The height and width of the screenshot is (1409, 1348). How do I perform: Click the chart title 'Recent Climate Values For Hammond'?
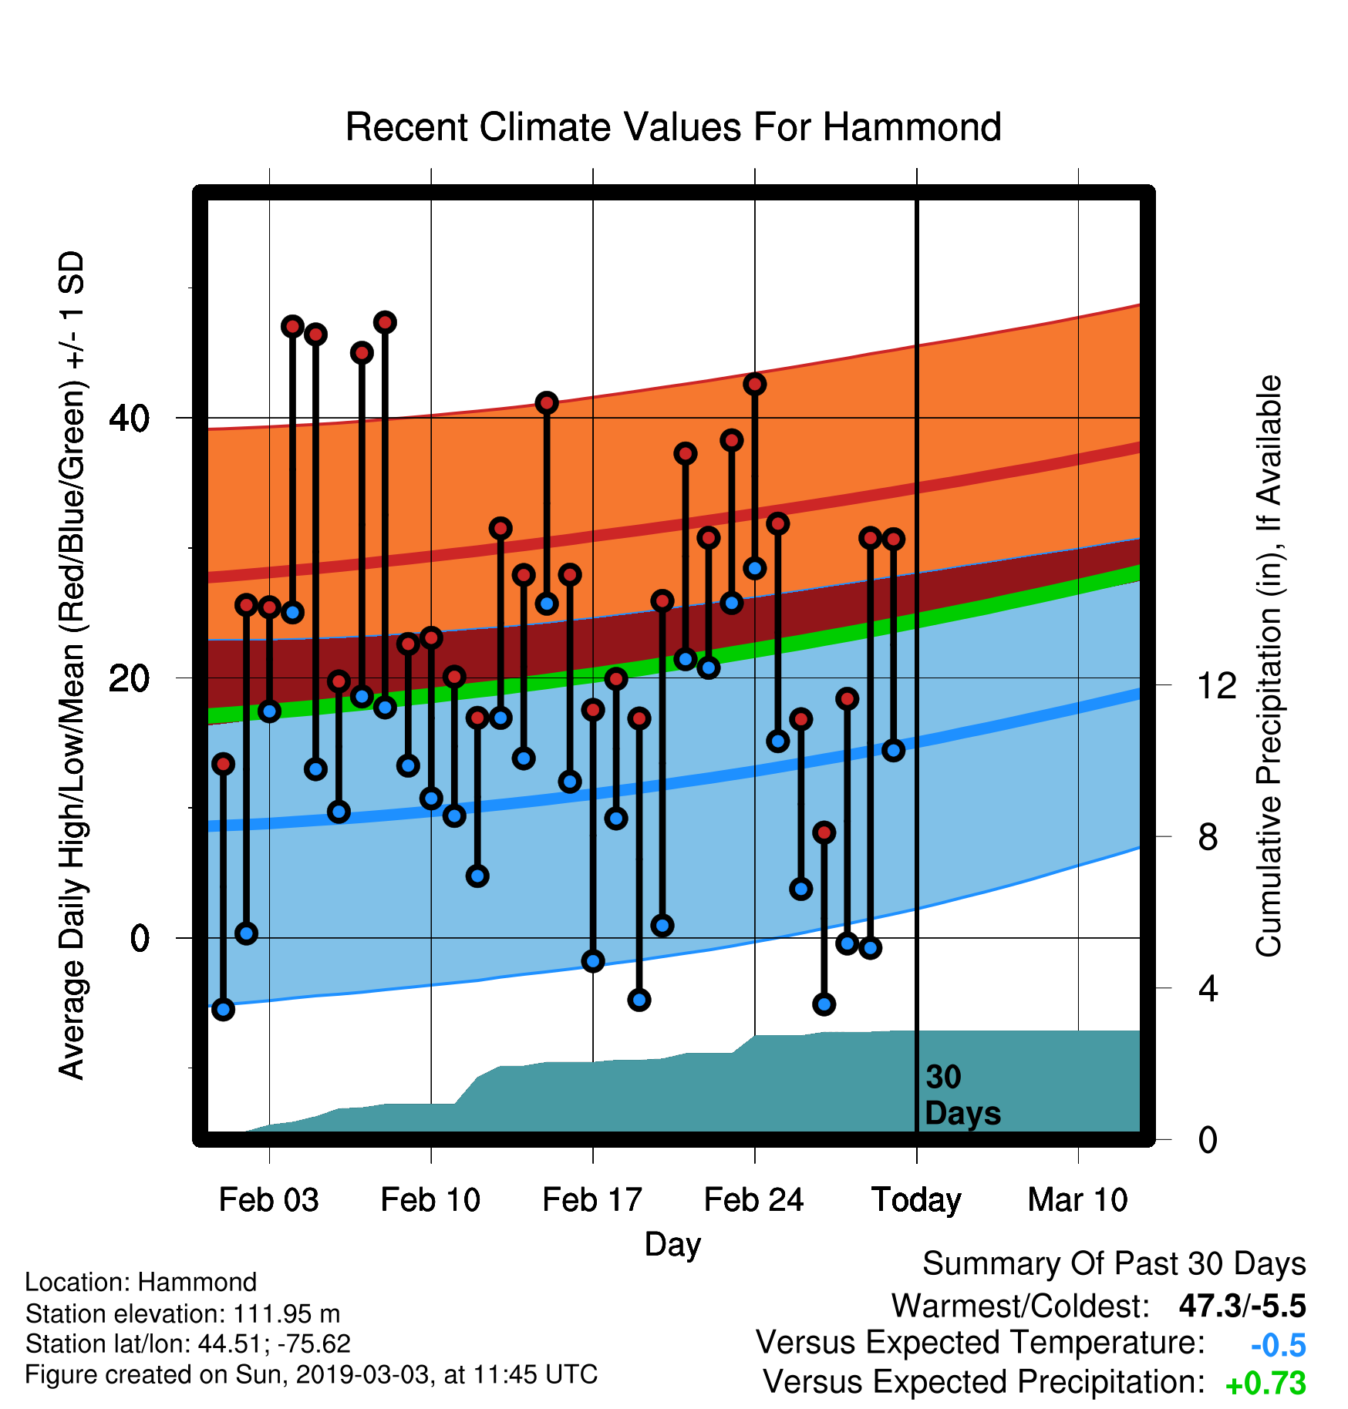(x=673, y=127)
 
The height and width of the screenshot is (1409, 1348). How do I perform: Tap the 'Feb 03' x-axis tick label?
(x=269, y=1200)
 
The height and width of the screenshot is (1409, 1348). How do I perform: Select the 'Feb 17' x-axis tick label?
(x=592, y=1200)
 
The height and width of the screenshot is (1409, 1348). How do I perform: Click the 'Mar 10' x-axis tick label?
(x=1078, y=1200)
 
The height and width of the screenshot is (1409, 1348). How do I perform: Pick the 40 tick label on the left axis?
(x=129, y=419)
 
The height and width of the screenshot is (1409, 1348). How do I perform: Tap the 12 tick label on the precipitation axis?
(x=1217, y=685)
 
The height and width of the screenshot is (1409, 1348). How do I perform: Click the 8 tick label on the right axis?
(x=1208, y=836)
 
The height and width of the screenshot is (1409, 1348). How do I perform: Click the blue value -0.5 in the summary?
(x=1278, y=1345)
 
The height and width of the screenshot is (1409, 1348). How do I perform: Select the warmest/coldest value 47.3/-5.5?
(x=1242, y=1306)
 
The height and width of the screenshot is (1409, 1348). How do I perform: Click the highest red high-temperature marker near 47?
(x=385, y=322)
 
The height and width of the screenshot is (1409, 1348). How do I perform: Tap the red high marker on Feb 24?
(x=754, y=384)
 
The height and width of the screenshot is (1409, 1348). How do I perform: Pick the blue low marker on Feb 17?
(x=593, y=960)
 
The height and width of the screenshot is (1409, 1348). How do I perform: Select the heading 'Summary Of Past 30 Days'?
(x=1114, y=1264)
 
